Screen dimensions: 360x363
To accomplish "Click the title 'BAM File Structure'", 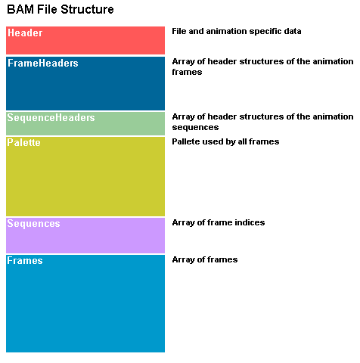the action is (x=61, y=10).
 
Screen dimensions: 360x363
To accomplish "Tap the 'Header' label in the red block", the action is (x=25, y=33).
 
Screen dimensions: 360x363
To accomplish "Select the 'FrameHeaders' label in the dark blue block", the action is (x=43, y=63).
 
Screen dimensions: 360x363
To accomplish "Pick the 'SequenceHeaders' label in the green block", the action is (x=51, y=118).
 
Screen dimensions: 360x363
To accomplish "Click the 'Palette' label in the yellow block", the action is (x=23, y=142).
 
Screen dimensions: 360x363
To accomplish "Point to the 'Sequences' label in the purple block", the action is (x=33, y=224).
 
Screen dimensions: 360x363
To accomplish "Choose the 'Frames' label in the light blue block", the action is (x=25, y=260).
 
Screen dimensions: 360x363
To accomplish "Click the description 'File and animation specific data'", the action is (x=237, y=31).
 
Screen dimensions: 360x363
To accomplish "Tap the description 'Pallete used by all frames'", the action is (x=225, y=141).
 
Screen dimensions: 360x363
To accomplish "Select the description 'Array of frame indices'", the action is (x=219, y=222).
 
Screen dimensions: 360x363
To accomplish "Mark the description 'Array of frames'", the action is (x=205, y=259).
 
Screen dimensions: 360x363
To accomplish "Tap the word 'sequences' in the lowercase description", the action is (x=195, y=128).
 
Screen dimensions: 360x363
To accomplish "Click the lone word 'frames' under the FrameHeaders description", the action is (x=187, y=72).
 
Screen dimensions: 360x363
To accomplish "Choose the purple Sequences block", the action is (x=85, y=235).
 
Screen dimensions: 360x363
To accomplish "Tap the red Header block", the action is (x=85, y=40).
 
